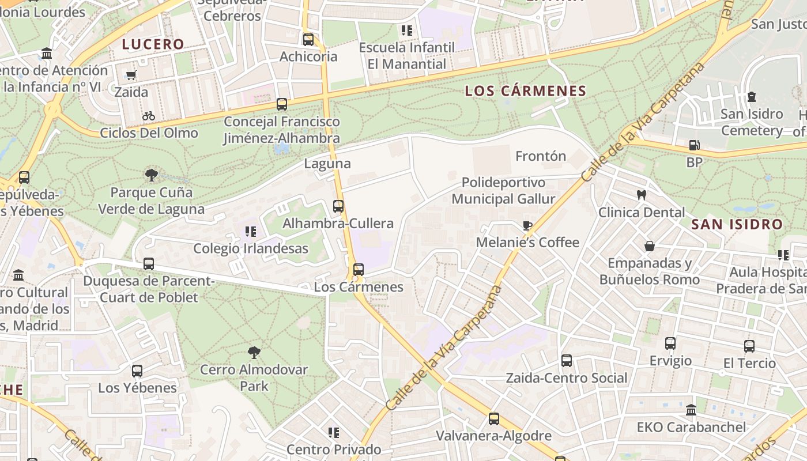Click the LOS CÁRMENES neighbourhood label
[525, 91]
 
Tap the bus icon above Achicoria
[308, 39]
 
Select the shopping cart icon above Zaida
[131, 75]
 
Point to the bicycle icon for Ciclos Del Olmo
[149, 116]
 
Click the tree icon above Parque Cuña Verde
[152, 175]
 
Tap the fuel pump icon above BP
[695, 145]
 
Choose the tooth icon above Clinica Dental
[641, 195]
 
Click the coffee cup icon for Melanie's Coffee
[527, 225]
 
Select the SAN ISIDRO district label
[737, 224]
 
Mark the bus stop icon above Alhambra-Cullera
[338, 206]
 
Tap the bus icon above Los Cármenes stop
[359, 270]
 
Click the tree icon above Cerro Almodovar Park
[254, 352]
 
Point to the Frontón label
[540, 156]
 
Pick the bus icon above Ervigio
[670, 343]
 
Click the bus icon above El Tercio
[749, 346]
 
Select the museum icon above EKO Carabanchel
[691, 410]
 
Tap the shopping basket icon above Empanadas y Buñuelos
[650, 246]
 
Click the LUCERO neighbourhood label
[153, 44]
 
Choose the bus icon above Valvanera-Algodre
[494, 419]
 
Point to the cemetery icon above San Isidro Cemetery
[752, 97]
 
